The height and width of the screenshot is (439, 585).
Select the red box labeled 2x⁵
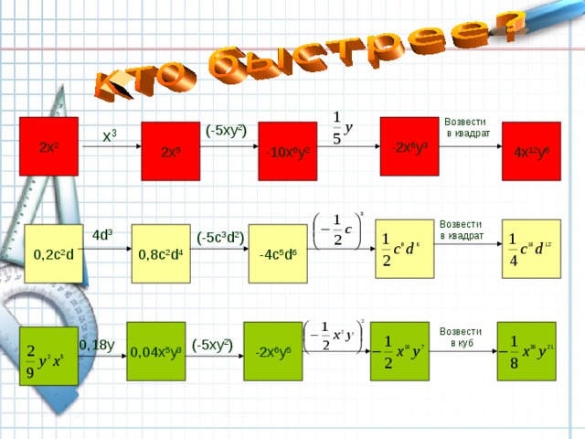(x=170, y=151)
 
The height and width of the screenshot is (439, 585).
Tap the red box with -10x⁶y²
(x=288, y=151)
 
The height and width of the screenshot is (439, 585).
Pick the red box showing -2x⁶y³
(x=409, y=146)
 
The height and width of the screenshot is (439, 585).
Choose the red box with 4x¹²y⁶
(x=530, y=151)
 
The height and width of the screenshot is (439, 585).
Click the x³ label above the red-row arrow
(x=110, y=136)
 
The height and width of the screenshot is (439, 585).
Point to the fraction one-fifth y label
(x=342, y=127)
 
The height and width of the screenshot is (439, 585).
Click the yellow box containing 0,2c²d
(x=53, y=252)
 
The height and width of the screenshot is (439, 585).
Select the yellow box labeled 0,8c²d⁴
(x=160, y=252)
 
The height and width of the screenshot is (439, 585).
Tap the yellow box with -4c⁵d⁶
(x=279, y=252)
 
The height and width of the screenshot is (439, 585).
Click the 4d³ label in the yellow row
(x=102, y=234)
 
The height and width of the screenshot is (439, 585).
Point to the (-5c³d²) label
(x=219, y=237)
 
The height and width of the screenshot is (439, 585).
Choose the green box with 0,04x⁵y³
(x=156, y=351)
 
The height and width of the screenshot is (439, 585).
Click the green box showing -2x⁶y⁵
(x=273, y=351)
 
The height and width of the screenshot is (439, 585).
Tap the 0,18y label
(x=97, y=345)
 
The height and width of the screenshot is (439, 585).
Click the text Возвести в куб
(x=464, y=337)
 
